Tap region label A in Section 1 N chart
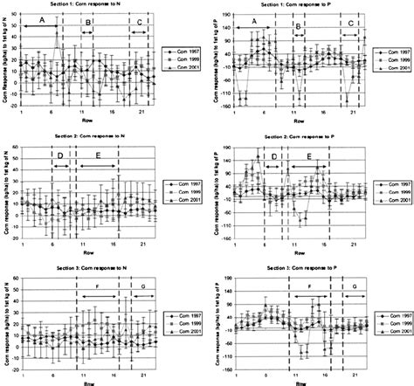pyautogui.click(x=40, y=19)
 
